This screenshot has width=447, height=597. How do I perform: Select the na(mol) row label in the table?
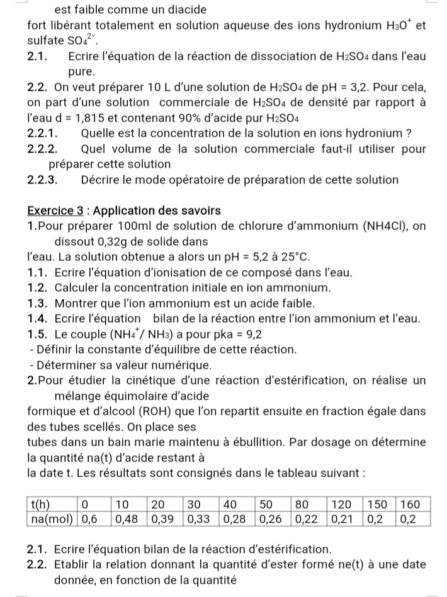52,518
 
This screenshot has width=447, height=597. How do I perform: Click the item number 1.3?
40,303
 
